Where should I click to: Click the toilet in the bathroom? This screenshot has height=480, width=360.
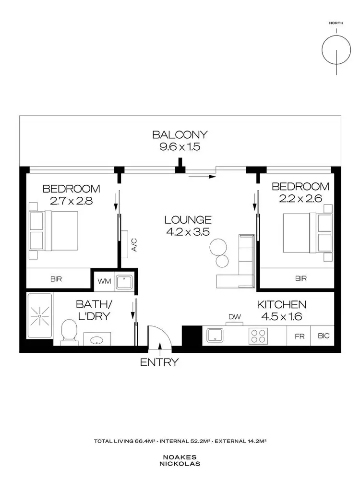click(x=70, y=331)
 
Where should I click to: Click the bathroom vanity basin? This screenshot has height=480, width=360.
click(x=96, y=339)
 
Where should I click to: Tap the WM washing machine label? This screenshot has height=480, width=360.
click(x=103, y=280)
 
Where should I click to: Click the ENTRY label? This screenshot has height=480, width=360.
click(x=159, y=362)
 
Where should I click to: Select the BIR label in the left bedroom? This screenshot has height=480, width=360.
click(x=55, y=278)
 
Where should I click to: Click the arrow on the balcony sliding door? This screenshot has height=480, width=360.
click(x=202, y=177)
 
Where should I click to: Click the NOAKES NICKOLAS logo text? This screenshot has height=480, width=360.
click(x=180, y=460)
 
